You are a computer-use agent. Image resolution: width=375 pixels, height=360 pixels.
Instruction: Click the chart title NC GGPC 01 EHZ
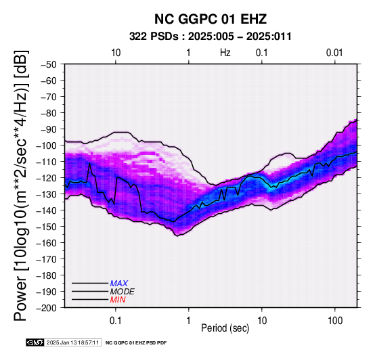(x=211, y=19)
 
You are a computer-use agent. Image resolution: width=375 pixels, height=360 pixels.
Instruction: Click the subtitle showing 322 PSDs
(x=211, y=37)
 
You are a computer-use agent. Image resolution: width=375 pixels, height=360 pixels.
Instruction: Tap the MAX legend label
(x=119, y=284)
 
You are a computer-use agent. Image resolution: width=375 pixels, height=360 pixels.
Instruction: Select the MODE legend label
(x=123, y=292)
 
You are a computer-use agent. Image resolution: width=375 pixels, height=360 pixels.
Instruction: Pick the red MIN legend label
(x=118, y=300)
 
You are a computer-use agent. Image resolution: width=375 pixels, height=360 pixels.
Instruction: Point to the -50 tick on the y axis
(x=48, y=64)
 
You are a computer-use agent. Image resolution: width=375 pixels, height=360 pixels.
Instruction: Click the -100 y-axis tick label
(x=47, y=145)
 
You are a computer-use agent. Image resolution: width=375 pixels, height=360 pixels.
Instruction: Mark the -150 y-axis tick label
(x=47, y=227)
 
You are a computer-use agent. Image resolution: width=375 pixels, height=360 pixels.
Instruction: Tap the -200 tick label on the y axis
(x=47, y=308)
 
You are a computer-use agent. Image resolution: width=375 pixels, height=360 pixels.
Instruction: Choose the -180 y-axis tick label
(x=47, y=275)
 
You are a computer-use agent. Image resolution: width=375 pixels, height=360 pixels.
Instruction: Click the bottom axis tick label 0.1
(x=116, y=321)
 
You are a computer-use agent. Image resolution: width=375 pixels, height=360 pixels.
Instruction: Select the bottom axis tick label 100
(x=335, y=321)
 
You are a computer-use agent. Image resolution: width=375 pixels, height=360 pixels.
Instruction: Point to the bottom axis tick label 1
(x=189, y=321)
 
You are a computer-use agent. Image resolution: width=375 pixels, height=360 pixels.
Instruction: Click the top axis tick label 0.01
(x=334, y=53)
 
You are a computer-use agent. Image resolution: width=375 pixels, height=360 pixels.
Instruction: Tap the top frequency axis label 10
(x=116, y=53)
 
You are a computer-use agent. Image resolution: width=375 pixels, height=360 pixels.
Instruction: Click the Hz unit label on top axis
(x=225, y=53)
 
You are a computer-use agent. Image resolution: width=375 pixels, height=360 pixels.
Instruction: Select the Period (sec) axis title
(x=225, y=328)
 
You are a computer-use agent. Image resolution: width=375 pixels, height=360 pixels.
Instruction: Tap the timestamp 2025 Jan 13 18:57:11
(x=72, y=342)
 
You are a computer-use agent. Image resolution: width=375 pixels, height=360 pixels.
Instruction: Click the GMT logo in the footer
(x=35, y=342)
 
